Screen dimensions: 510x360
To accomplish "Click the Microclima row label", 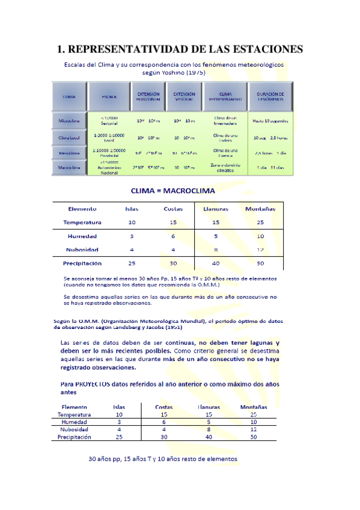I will tap(69, 121).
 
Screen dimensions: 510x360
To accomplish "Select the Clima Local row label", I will tap(69, 137).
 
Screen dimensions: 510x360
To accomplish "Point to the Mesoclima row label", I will tap(69, 153).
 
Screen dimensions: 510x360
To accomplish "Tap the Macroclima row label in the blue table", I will tap(69, 168).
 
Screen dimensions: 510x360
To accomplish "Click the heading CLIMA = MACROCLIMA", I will tap(173, 191).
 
